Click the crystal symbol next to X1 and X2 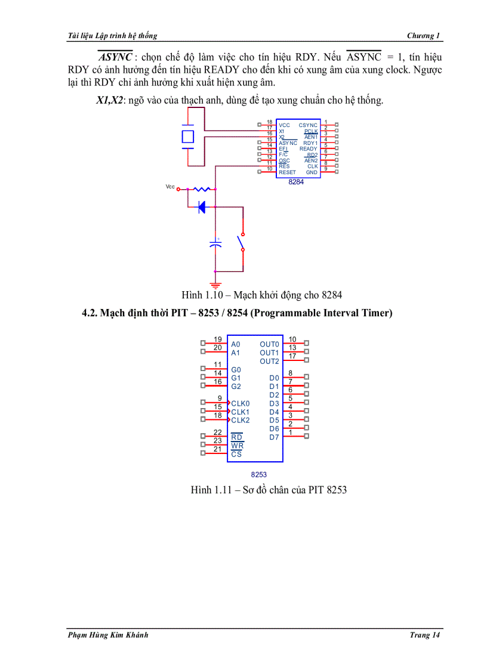[188, 137]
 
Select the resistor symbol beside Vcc [202, 189]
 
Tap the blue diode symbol [202, 207]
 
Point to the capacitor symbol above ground [215, 243]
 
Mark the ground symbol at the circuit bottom [215, 285]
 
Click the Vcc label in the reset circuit [170, 187]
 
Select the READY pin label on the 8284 [309, 149]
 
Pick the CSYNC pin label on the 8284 [308, 125]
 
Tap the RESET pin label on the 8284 [287, 172]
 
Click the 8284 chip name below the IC [296, 182]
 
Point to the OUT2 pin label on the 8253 [269, 362]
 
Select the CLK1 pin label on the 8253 [240, 412]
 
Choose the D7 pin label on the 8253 [274, 437]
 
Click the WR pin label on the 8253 [237, 446]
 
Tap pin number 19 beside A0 [218, 339]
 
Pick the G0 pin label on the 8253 [236, 370]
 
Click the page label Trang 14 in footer [424, 635]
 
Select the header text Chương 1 [423, 36]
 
